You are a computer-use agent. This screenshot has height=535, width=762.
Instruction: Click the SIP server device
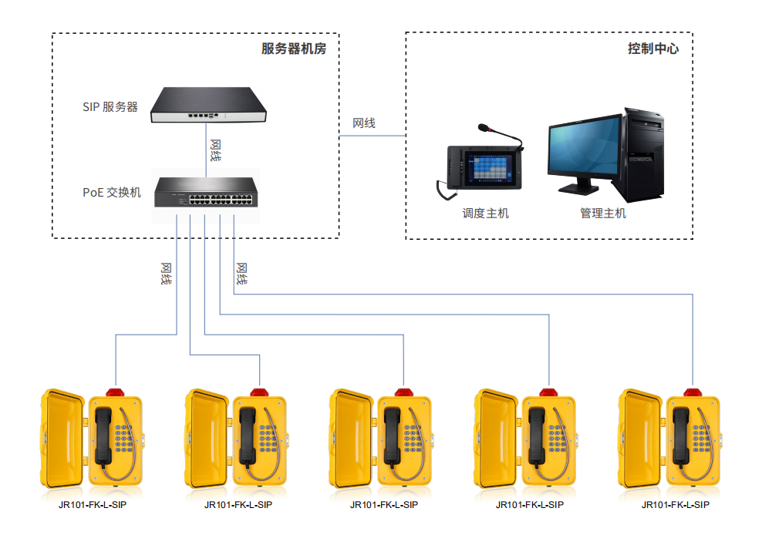[x=208, y=105]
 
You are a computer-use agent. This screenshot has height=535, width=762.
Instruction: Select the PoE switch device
[x=206, y=193]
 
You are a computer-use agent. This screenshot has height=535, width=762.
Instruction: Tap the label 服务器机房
[x=294, y=49]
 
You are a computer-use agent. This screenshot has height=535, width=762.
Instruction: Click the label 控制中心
[x=652, y=49]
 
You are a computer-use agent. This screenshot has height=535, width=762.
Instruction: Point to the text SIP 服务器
[x=110, y=107]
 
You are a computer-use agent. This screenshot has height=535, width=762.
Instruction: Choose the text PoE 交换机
[x=112, y=193]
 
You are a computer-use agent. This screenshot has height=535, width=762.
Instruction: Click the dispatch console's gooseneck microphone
[x=500, y=134]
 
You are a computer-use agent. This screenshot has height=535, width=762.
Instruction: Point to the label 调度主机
[x=485, y=214]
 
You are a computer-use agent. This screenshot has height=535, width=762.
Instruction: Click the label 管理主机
[x=603, y=214]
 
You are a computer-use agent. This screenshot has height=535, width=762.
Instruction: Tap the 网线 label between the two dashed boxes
[x=364, y=123]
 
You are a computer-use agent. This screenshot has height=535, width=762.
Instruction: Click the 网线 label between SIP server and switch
[x=215, y=150]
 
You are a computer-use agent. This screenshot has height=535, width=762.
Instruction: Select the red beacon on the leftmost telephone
[x=115, y=392]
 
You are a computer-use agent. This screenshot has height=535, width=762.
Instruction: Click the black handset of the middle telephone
[x=392, y=436]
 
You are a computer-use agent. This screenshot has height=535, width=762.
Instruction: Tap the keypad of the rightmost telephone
[x=702, y=439]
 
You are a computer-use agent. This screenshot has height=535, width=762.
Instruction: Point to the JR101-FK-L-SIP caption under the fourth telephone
[x=530, y=505]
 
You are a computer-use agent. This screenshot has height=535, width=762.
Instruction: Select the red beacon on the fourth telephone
[x=548, y=392]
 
